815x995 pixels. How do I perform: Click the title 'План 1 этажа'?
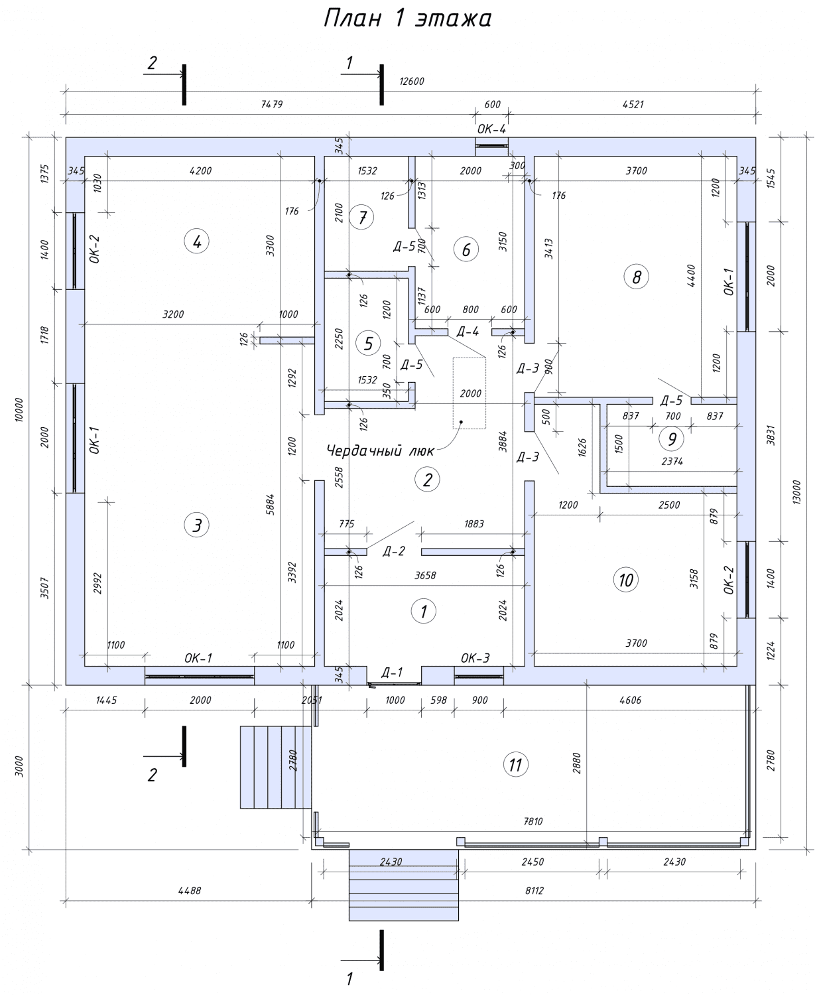tap(408, 19)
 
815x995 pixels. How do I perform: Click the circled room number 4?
tap(197, 241)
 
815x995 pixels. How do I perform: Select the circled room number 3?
tap(197, 525)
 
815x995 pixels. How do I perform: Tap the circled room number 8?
tap(636, 277)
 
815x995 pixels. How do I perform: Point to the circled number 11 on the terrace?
tap(515, 764)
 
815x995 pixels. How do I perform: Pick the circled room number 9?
tap(672, 438)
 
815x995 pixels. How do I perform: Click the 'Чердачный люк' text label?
tap(380, 451)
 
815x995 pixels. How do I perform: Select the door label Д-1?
tap(392, 672)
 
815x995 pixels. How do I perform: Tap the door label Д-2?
tap(394, 551)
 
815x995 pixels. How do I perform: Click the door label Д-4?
tap(468, 332)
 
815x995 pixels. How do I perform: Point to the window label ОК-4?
tap(491, 129)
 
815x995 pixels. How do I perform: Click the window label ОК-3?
tap(475, 657)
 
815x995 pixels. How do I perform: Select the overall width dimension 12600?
tap(412, 81)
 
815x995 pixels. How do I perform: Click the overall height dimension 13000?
tap(796, 492)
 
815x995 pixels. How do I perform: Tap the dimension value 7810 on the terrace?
tap(533, 821)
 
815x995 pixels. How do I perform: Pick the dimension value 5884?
tap(271, 504)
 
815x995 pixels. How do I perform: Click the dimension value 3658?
tap(426, 575)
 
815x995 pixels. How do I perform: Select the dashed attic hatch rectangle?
tap(470, 393)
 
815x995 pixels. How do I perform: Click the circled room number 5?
tap(368, 343)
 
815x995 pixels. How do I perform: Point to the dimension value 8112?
tap(534, 891)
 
